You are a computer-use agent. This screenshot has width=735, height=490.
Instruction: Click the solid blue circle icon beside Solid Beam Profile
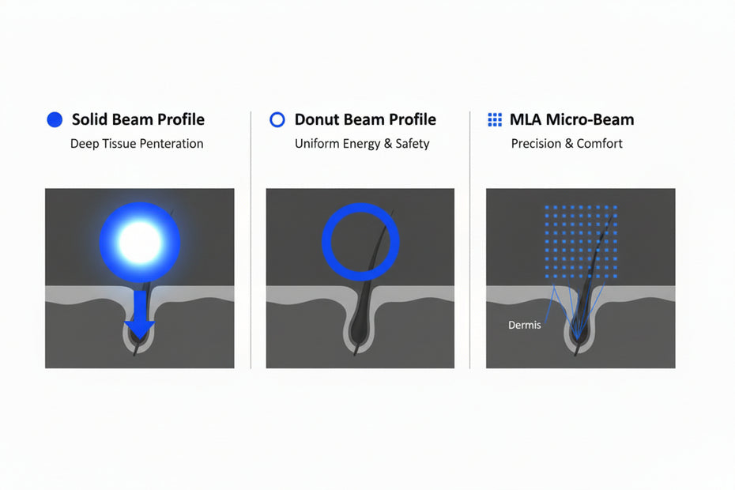pyautogui.click(x=54, y=120)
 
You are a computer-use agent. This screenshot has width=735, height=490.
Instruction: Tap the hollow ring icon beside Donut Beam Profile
pyautogui.click(x=277, y=120)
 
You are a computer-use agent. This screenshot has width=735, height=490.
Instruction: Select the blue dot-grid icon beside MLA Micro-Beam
pyautogui.click(x=495, y=120)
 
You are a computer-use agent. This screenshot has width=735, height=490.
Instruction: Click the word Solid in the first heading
pyautogui.click(x=90, y=120)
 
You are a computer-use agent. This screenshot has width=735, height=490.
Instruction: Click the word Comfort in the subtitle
pyautogui.click(x=600, y=144)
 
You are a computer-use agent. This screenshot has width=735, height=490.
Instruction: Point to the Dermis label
pyautogui.click(x=525, y=325)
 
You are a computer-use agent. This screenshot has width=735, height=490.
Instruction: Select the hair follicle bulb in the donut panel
pyautogui.click(x=360, y=336)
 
